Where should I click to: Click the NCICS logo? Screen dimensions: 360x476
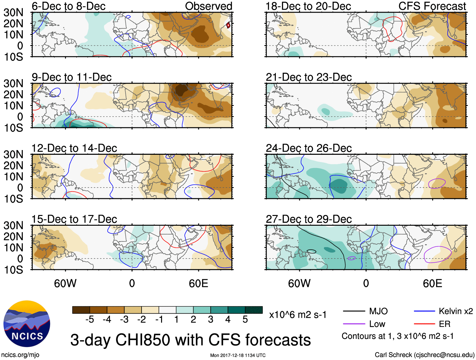(27, 323)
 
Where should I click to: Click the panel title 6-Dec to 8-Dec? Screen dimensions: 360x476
(68, 6)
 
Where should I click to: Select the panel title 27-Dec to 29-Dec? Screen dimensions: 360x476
(309, 219)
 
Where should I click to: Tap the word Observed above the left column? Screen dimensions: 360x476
(208, 6)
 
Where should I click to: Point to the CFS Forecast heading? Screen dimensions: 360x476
(432, 6)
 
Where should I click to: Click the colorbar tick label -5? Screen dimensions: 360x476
(90, 320)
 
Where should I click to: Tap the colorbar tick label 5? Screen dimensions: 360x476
(245, 320)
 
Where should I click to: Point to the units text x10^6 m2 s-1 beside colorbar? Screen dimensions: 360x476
(298, 315)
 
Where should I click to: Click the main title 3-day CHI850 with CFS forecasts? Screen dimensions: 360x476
(190, 340)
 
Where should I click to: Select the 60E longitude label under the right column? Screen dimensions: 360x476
(432, 283)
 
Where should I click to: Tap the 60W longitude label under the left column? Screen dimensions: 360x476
(65, 283)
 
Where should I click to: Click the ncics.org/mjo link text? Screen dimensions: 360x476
(20, 355)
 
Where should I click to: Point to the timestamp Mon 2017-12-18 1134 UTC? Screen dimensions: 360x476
(238, 355)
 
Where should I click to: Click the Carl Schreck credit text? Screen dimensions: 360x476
(424, 355)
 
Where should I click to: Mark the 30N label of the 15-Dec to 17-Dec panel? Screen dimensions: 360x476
(13, 225)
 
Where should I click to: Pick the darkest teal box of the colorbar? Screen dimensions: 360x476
(254, 310)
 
